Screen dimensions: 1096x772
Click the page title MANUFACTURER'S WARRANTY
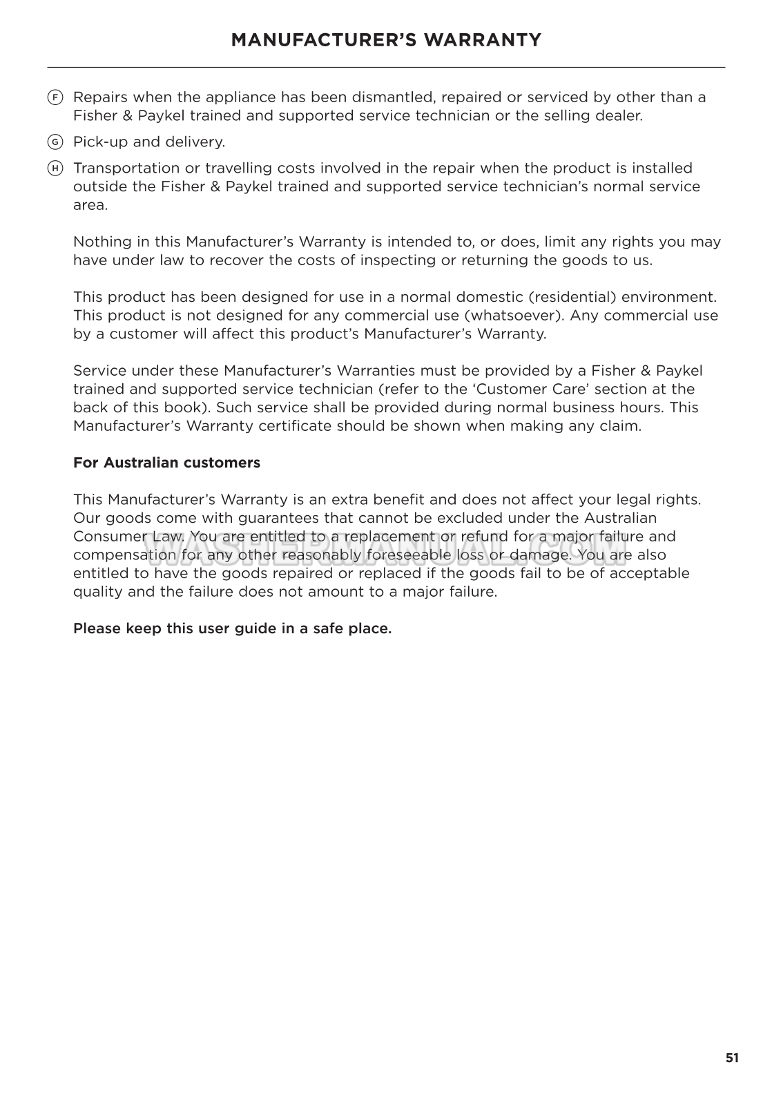[386, 40]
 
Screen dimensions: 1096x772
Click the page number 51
[732, 1058]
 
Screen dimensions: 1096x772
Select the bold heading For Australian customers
[166, 463]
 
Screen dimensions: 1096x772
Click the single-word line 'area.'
[90, 205]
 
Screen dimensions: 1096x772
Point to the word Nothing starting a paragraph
[100, 242]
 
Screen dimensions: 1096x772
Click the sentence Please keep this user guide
[232, 629]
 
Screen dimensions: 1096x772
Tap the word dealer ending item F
[620, 116]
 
